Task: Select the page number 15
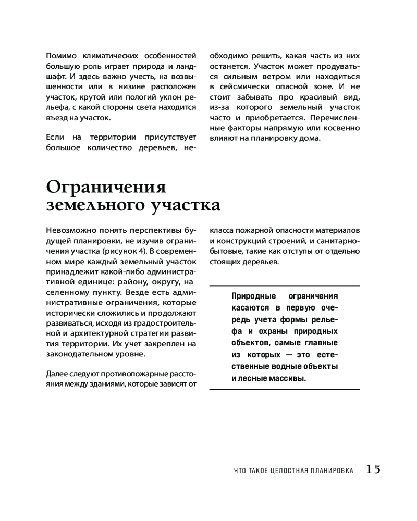click(373, 469)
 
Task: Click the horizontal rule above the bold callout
click(284, 286)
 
